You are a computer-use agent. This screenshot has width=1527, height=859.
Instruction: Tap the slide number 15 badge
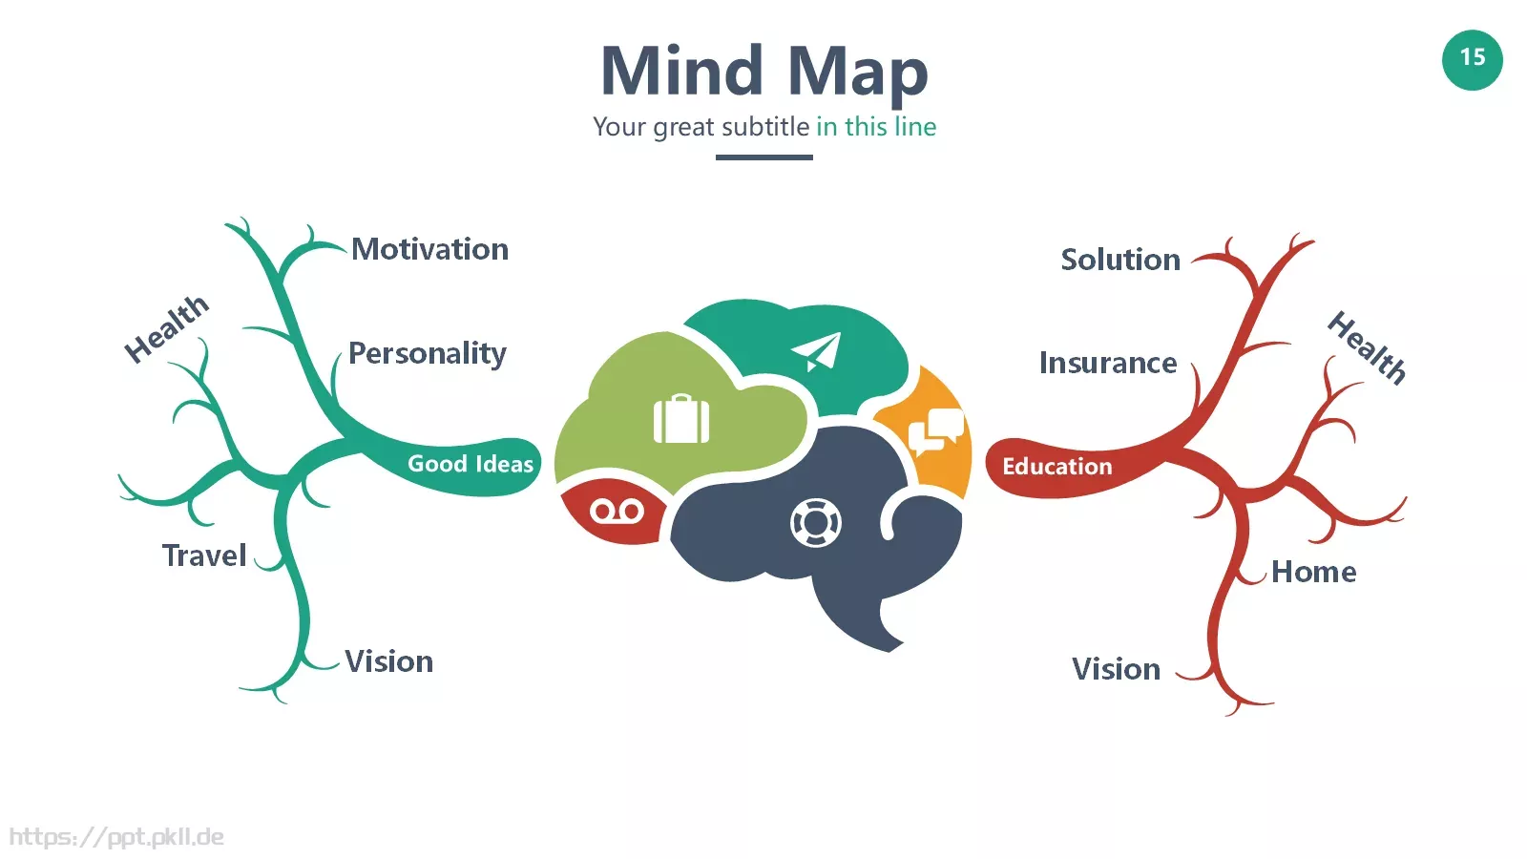click(1473, 60)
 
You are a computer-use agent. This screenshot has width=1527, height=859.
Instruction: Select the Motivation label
click(430, 249)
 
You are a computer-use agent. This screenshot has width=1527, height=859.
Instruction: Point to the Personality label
click(428, 354)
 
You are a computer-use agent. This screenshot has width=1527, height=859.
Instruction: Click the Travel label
click(204, 555)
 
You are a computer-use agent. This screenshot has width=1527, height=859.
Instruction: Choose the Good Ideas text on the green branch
click(471, 464)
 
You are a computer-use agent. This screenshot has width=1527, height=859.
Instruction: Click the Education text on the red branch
click(1057, 467)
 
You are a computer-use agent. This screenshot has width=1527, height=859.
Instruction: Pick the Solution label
click(1120, 260)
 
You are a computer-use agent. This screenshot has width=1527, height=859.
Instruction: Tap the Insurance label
click(1108, 364)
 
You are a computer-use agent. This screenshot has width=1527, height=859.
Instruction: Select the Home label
click(1314, 572)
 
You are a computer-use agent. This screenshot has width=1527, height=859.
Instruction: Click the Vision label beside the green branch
click(389, 661)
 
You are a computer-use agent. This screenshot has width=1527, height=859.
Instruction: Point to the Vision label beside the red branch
click(1117, 669)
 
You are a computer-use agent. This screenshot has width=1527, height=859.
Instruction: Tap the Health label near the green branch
click(166, 328)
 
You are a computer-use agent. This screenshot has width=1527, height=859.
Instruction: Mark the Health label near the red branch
click(1367, 347)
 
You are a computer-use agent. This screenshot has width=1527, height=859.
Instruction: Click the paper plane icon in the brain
click(817, 351)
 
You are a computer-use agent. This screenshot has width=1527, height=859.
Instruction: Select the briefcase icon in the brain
click(681, 418)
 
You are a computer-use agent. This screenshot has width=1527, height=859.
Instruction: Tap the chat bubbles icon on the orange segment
click(936, 431)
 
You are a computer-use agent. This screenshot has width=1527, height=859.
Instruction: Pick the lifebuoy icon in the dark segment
click(816, 523)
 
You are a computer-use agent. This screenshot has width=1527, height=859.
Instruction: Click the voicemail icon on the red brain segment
click(617, 511)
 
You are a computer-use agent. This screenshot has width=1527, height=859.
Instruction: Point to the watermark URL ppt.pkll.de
click(116, 837)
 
